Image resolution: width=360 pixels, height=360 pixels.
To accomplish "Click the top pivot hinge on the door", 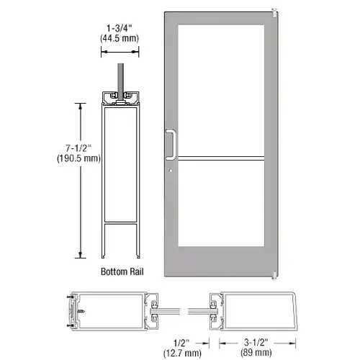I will pyautogui.click(x=274, y=13).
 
